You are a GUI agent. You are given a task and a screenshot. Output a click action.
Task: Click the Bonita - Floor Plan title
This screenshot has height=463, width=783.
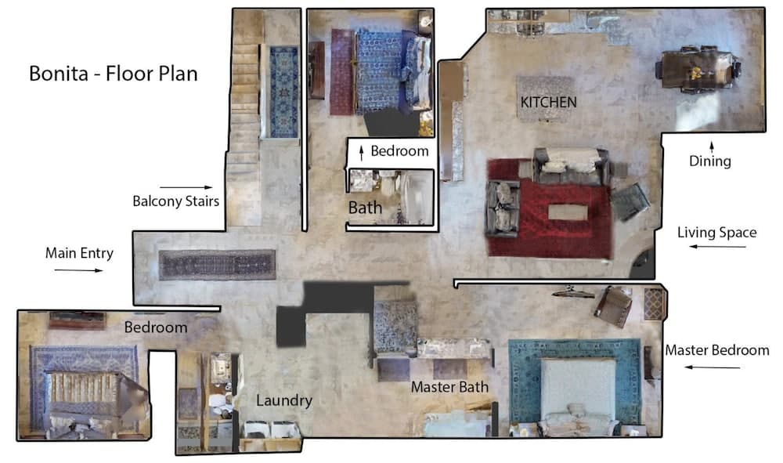tap(114, 74)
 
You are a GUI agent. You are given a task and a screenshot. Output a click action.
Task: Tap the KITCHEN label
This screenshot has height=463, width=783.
tap(548, 103)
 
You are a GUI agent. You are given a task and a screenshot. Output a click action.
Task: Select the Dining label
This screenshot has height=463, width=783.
tap(709, 161)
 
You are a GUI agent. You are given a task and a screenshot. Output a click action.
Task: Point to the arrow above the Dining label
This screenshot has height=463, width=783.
tap(712, 146)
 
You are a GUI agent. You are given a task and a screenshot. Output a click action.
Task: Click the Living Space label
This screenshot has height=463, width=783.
tap(716, 232)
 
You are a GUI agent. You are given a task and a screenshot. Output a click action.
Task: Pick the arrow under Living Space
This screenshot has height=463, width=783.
tap(717, 246)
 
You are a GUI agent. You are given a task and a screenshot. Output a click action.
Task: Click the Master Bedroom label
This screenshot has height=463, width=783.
tap(716, 350)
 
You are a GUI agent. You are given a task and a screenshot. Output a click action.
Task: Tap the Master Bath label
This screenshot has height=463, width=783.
tap(449, 386)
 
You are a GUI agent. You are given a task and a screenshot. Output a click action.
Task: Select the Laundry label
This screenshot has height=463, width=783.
tap(284, 400)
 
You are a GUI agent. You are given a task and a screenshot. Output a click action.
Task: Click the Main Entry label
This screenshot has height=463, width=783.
tap(79, 253)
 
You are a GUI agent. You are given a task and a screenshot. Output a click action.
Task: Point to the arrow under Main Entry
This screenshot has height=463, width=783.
tap(78, 270)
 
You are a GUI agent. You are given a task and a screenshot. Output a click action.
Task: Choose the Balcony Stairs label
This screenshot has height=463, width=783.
tap(175, 201)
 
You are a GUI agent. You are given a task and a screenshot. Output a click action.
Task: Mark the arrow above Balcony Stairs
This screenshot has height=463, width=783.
tap(186, 187)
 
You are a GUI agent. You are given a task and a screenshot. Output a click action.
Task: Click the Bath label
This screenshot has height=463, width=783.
tap(365, 208)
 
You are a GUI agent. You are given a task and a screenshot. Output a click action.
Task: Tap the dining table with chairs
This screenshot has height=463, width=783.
tap(698, 69)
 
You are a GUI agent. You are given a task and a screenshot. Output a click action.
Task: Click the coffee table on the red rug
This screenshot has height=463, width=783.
tap(568, 212)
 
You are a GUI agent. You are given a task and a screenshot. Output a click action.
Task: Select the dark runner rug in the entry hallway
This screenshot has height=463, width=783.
tap(217, 265)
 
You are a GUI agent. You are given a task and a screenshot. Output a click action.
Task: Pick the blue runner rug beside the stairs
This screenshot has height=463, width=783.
tap(283, 92)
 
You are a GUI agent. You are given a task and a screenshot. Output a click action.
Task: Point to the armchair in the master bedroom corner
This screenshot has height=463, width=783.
tap(613, 306)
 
